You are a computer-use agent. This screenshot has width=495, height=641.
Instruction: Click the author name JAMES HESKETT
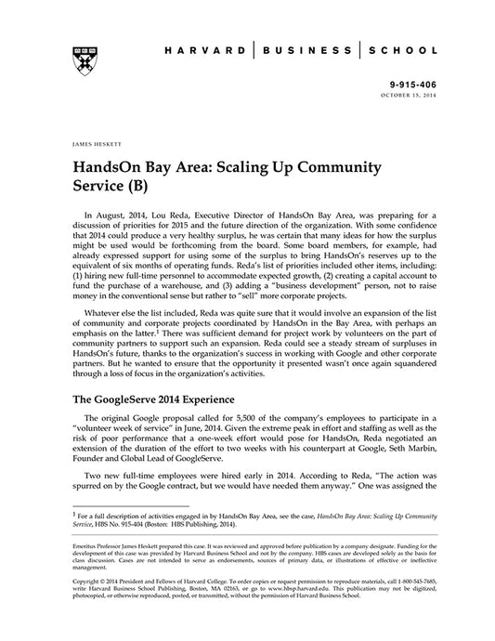pyautogui.click(x=83, y=145)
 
